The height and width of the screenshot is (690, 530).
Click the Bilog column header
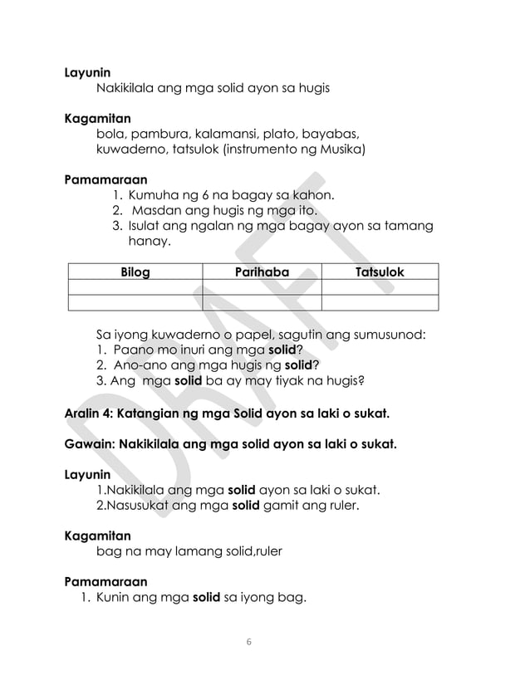135,272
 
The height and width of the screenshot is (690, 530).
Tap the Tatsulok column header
380,272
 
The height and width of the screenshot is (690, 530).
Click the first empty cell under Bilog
135,287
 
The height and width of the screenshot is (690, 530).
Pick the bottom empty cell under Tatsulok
380,302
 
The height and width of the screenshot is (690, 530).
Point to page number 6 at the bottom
249,643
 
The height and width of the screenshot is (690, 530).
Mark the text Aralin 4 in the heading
88,413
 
